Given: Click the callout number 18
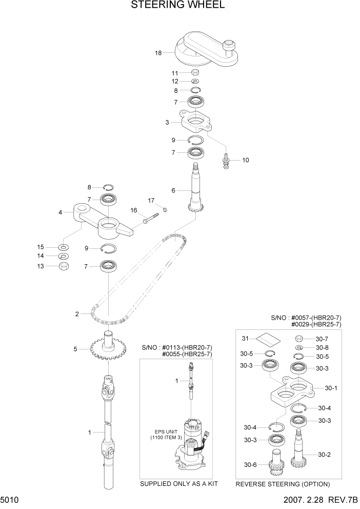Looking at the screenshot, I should [158, 53].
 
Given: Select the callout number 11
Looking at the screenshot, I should [175, 73].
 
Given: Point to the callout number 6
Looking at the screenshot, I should [173, 190].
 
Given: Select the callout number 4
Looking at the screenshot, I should [60, 211].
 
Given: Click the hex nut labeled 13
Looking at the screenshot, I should [65, 266].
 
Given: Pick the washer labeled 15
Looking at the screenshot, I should [65, 247].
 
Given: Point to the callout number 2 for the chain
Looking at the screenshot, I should [76, 314].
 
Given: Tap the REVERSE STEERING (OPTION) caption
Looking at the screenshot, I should [282, 484].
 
